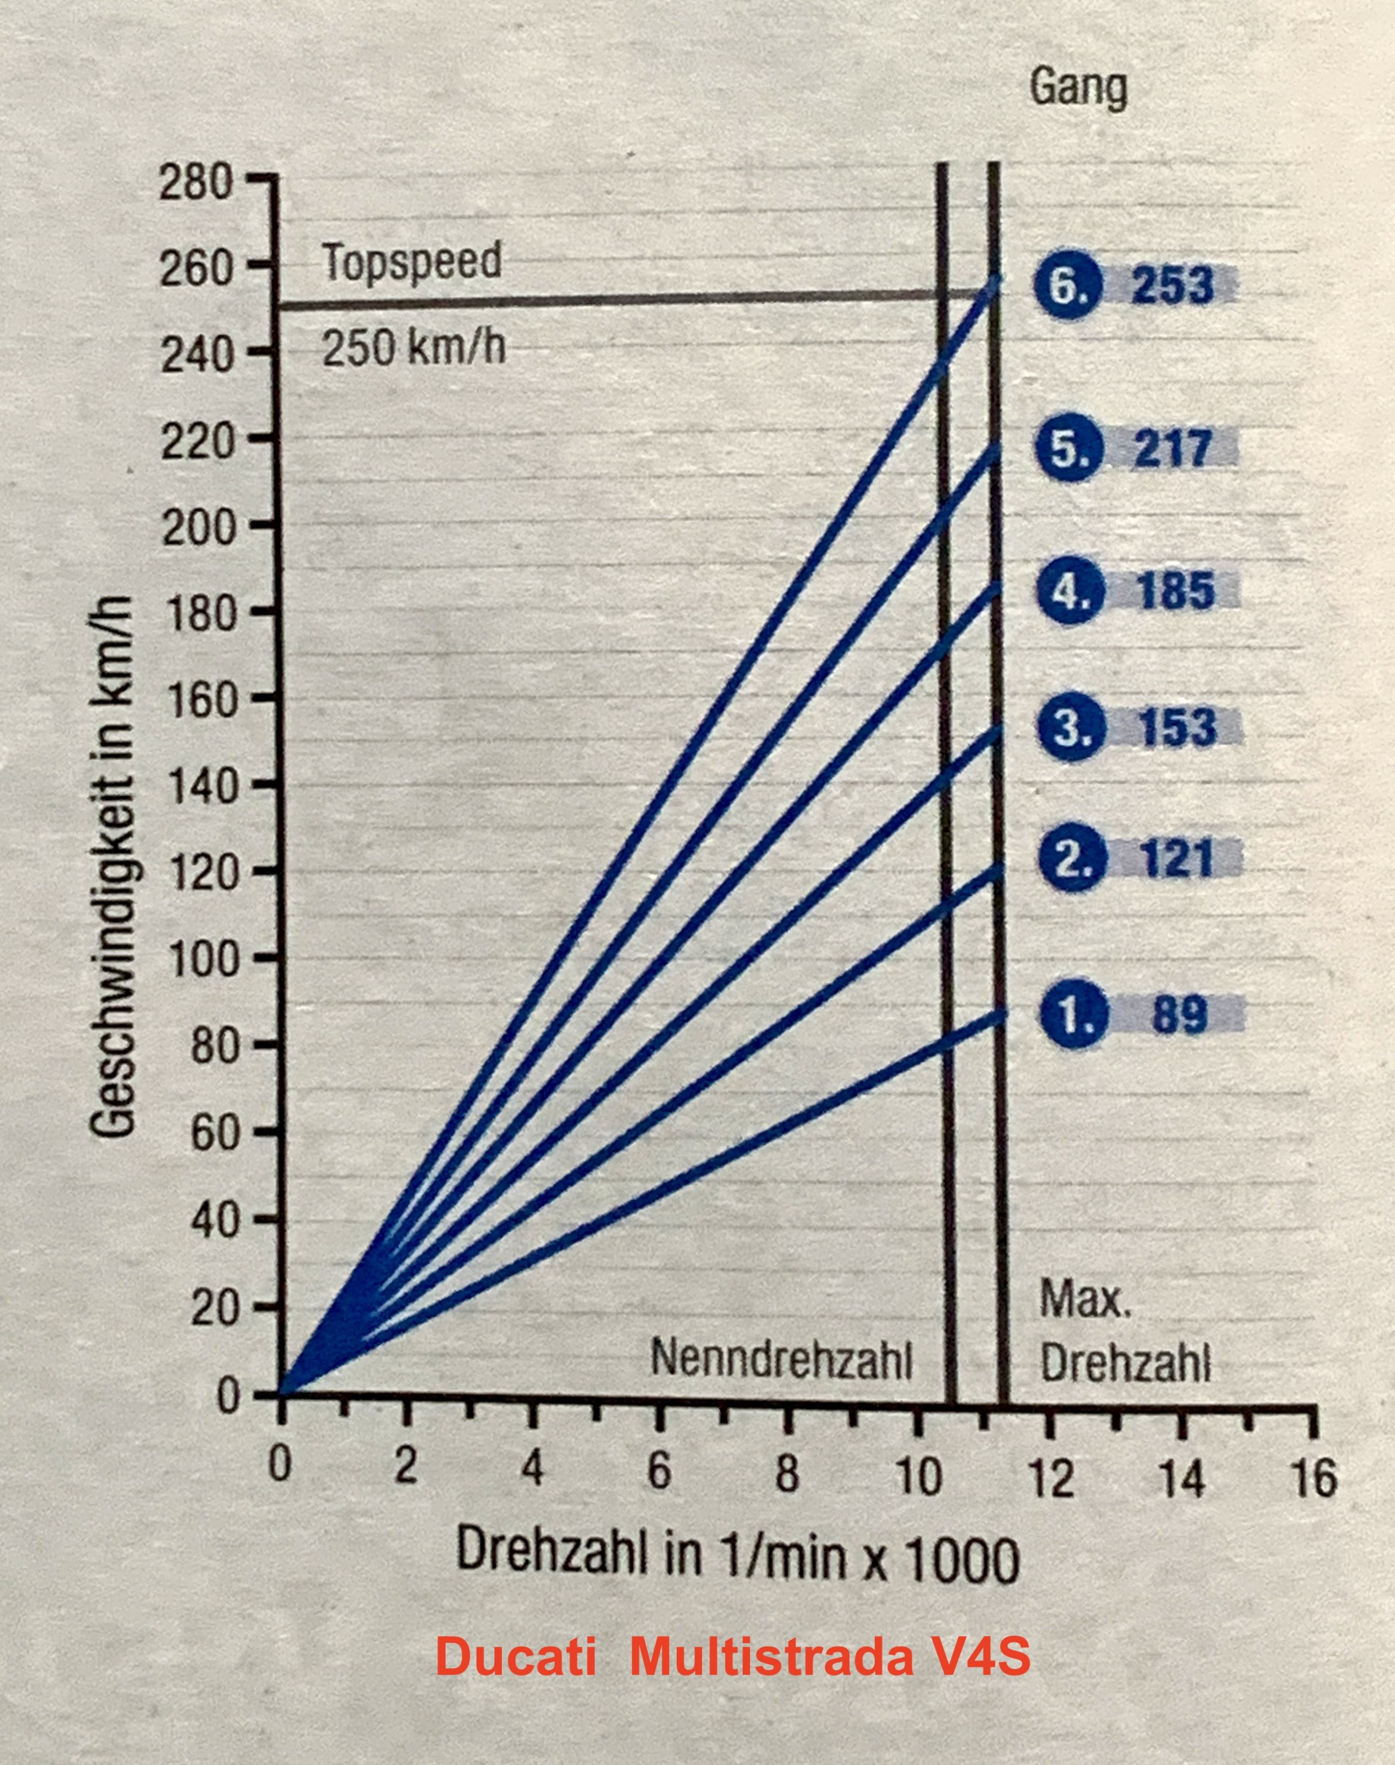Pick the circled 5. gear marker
point(1069,448)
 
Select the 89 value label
point(1179,1014)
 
